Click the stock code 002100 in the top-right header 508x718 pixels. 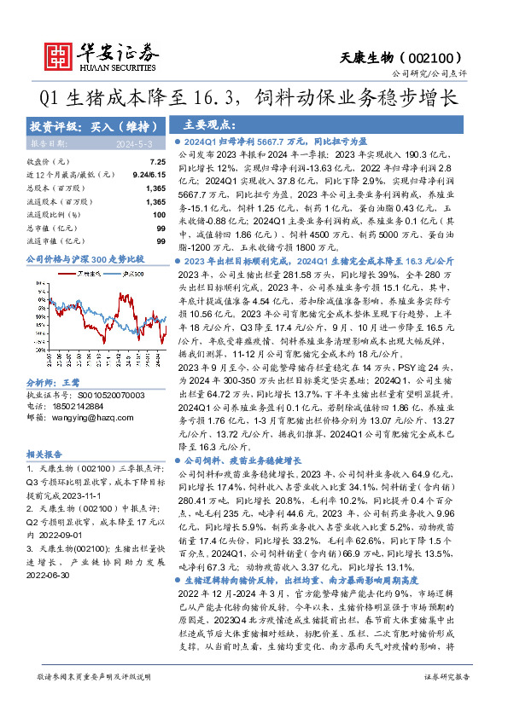437,55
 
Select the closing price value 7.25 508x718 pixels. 156,162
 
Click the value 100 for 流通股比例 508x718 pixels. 158,214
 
